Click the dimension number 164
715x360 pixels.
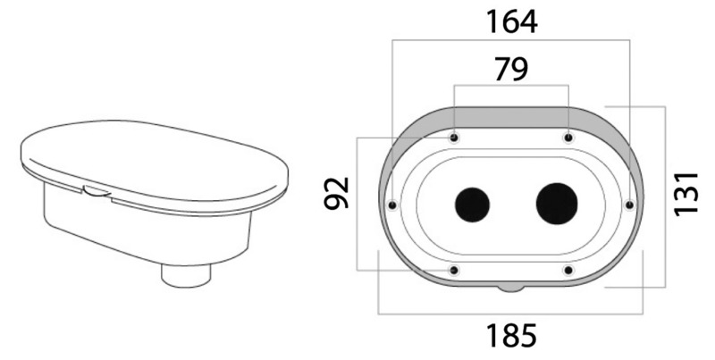pyautogui.click(x=511, y=21)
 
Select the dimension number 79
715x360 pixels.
pyautogui.click(x=511, y=70)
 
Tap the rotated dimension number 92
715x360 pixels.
pyautogui.click(x=337, y=193)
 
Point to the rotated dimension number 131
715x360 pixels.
pyautogui.click(x=686, y=194)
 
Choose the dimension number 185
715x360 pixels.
pyautogui.click(x=511, y=336)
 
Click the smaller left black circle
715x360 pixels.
pyautogui.click(x=473, y=205)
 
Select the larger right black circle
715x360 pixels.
pyautogui.click(x=557, y=205)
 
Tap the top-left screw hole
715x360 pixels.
pyautogui.click(x=454, y=138)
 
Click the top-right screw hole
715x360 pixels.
pyautogui.click(x=568, y=138)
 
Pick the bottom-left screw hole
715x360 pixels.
pyautogui.click(x=454, y=271)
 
